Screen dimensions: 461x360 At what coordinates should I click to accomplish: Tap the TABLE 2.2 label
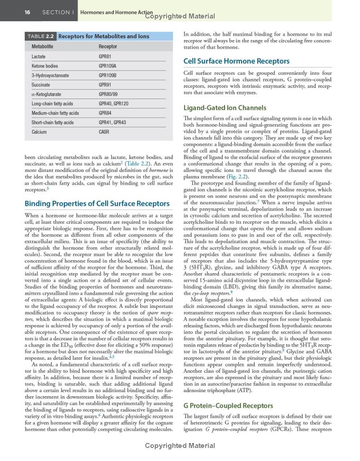[41, 36]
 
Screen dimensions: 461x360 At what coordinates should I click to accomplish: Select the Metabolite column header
[42, 46]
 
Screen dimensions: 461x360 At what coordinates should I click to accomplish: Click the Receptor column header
[108, 46]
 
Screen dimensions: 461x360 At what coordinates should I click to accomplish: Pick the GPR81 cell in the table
[105, 57]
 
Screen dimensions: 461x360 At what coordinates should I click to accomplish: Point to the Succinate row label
[40, 85]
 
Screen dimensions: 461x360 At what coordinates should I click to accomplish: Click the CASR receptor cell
[103, 132]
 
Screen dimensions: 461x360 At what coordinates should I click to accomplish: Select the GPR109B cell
[108, 75]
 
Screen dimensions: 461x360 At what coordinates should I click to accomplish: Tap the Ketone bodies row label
[45, 66]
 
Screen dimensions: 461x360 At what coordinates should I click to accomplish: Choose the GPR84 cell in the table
[105, 113]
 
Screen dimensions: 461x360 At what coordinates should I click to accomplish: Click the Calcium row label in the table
[39, 132]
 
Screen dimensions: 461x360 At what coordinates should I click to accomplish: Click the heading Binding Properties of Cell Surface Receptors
[97, 203]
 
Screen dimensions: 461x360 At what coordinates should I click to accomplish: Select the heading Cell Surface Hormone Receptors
[236, 61]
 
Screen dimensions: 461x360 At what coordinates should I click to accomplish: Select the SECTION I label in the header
[58, 12]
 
